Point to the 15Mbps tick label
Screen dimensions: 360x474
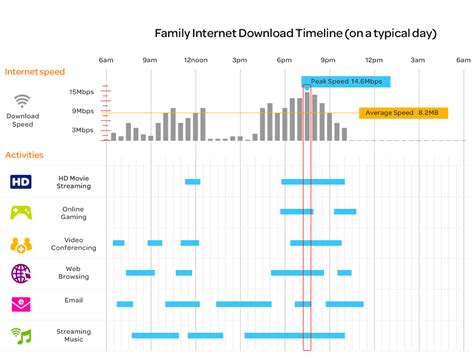(82, 92)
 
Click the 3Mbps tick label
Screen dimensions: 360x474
(82, 130)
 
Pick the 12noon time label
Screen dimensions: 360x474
(195, 60)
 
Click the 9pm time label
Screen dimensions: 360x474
(328, 60)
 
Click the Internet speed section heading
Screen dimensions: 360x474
(36, 72)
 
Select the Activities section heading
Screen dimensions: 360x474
(25, 155)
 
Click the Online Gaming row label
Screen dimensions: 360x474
(73, 212)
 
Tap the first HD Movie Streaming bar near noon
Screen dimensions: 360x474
(192, 182)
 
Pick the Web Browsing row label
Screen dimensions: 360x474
(73, 273)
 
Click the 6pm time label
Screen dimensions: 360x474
(284, 60)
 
